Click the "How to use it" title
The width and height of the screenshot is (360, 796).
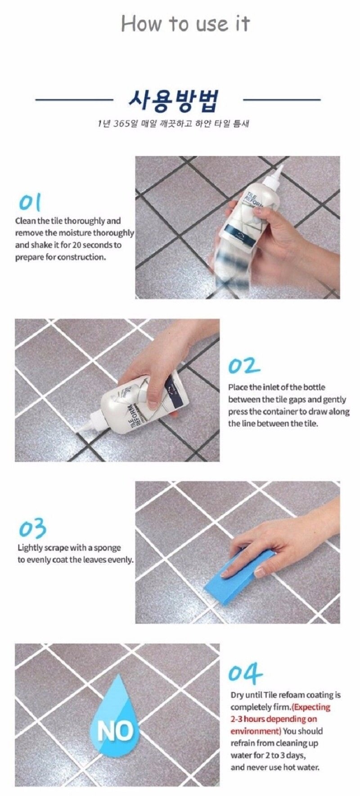coord(185,23)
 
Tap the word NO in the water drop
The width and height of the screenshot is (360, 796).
coord(116,732)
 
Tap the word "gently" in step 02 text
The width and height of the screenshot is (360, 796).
coord(335,399)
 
